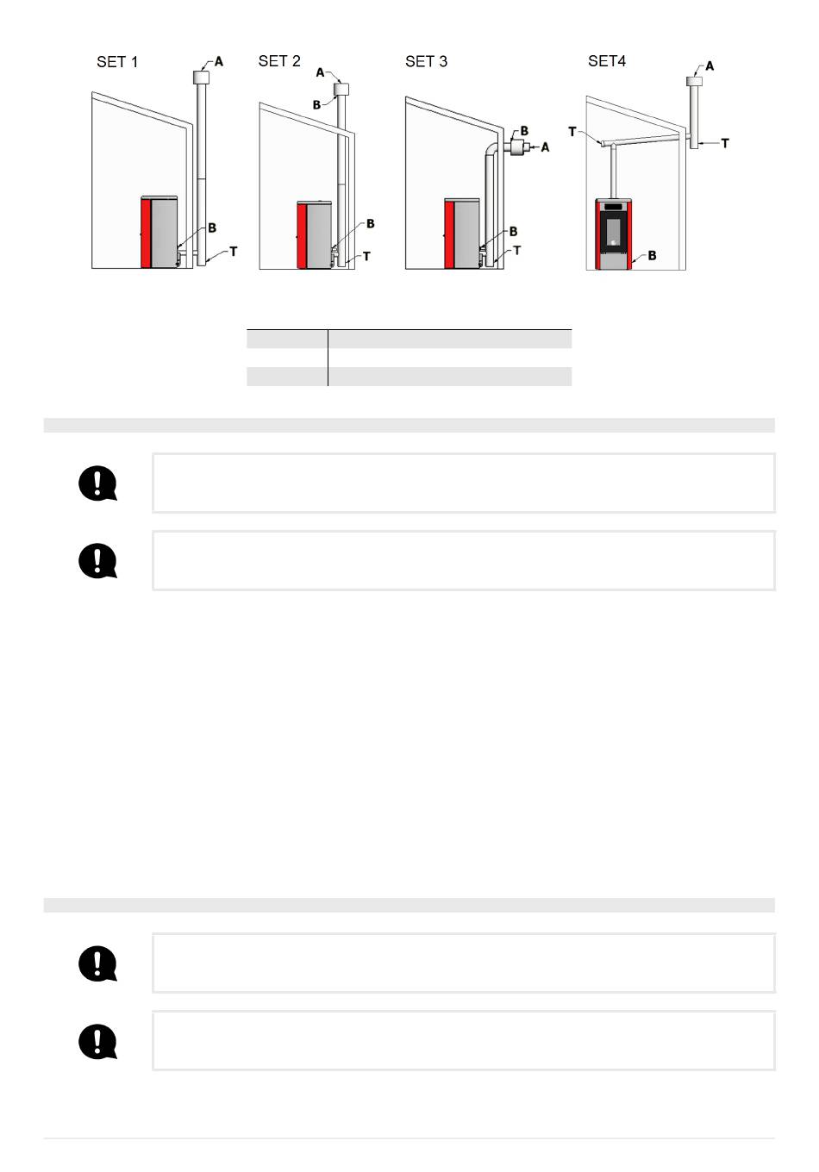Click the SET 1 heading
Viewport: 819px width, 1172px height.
click(x=117, y=62)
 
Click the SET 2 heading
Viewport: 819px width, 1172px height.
click(x=279, y=61)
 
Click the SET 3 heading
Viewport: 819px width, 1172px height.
click(x=427, y=62)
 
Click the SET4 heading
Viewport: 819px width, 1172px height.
click(x=607, y=61)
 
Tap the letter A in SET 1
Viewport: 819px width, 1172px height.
click(x=219, y=62)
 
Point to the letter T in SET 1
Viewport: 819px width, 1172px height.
click(x=234, y=252)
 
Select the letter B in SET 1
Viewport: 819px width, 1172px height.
click(x=212, y=228)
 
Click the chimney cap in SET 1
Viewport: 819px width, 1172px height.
click(x=202, y=78)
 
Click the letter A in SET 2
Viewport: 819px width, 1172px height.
click(x=321, y=72)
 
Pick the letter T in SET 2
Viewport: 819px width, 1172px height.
click(x=366, y=257)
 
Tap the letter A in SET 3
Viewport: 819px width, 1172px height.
click(x=546, y=147)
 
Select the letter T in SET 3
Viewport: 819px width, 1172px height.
click(x=517, y=251)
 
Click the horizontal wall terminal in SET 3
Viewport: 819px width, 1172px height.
click(x=517, y=147)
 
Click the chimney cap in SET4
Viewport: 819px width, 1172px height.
click(x=695, y=81)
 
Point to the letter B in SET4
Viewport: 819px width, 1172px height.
click(x=652, y=256)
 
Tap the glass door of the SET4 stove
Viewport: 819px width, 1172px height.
click(x=613, y=233)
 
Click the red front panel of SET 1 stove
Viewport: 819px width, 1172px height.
click(x=146, y=233)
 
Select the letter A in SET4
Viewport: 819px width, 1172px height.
click(x=710, y=65)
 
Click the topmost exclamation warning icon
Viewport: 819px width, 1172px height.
click(x=98, y=483)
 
